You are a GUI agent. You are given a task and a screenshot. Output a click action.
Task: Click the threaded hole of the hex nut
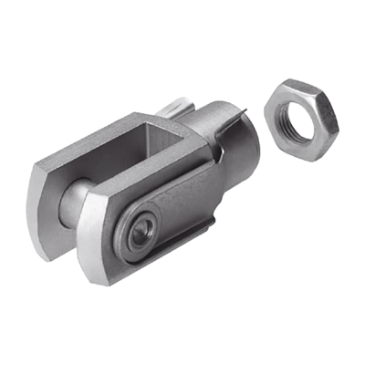click(299, 118)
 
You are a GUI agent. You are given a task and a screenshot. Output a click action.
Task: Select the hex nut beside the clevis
click(302, 119)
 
